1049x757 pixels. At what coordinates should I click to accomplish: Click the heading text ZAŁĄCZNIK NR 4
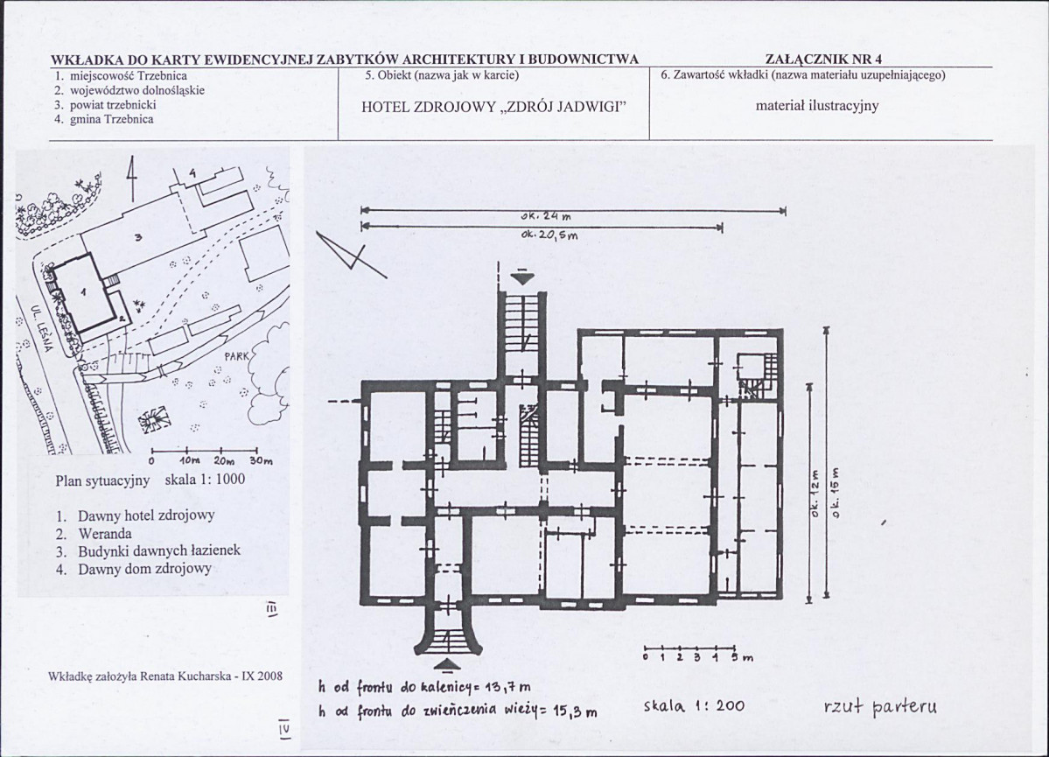823,59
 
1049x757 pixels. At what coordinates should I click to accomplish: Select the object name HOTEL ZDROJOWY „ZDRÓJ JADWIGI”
493,107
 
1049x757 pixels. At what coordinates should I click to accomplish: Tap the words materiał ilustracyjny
817,106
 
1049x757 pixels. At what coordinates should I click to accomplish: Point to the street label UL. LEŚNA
41,328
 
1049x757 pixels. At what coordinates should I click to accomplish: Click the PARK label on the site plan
236,357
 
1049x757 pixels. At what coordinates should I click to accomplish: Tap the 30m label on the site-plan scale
262,460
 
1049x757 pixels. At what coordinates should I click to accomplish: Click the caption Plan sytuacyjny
102,480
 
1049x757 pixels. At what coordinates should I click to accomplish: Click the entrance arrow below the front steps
448,664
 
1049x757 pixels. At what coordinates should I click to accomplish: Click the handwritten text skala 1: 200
694,706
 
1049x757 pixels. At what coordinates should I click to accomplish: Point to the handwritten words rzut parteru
881,707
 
